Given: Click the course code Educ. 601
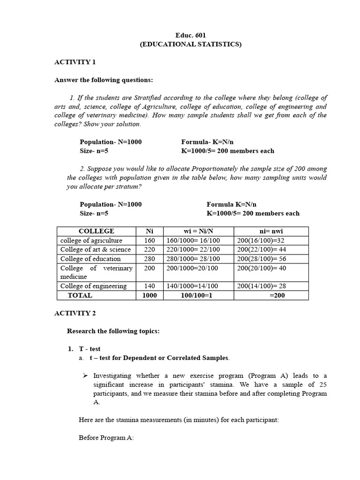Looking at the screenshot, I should (x=190, y=35).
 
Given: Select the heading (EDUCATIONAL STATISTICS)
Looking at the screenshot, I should (x=190, y=45).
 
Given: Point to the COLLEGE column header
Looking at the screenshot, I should (x=96, y=231).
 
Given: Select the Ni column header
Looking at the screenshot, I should (x=150, y=231).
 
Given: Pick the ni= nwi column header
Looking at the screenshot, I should (x=271, y=231).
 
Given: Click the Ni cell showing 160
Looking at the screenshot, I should (x=150, y=240).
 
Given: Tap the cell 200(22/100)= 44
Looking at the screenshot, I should (x=262, y=249).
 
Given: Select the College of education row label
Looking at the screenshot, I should (x=90, y=259).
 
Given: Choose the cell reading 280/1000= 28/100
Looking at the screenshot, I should (x=193, y=259).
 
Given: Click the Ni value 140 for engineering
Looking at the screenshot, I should (x=150, y=286).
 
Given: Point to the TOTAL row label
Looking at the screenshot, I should (x=80, y=295).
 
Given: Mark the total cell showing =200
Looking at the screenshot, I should (x=277, y=295).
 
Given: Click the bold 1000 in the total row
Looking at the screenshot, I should (x=150, y=295).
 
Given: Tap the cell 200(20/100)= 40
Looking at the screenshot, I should (x=262, y=268).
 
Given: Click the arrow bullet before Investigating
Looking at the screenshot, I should (x=85, y=376).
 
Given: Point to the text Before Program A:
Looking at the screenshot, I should (x=106, y=438).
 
